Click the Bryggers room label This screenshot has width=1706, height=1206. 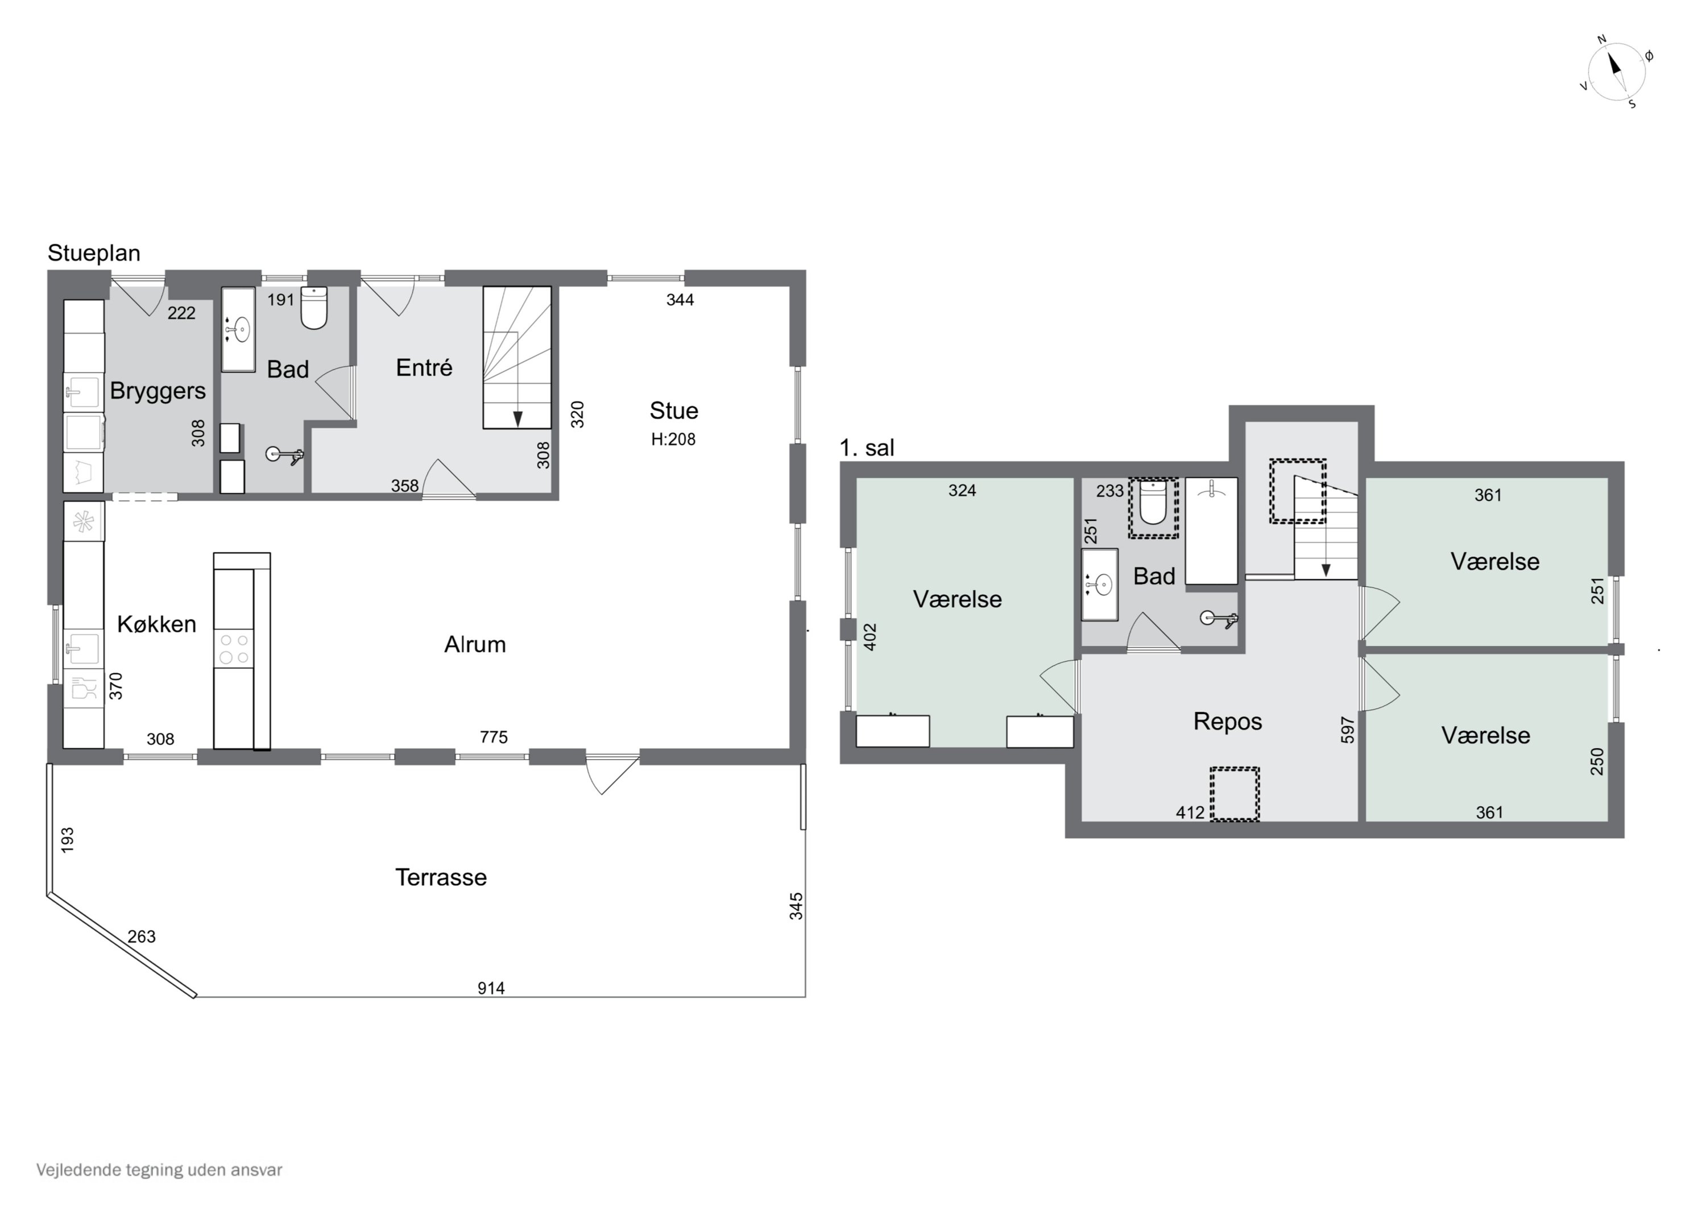(158, 391)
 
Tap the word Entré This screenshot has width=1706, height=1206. (424, 367)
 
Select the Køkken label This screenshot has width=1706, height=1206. (157, 624)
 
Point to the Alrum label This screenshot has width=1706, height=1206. (475, 644)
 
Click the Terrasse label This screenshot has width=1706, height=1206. (441, 877)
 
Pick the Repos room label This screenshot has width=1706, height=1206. (1228, 722)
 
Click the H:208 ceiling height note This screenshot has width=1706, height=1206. (673, 439)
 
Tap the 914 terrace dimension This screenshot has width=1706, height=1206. (491, 988)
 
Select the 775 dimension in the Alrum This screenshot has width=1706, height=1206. (494, 736)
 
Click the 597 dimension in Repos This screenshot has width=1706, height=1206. (1347, 730)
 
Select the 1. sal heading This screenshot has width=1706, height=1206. (867, 447)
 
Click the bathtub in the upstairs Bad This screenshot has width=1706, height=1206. (1211, 531)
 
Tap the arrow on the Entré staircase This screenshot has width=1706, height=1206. (518, 418)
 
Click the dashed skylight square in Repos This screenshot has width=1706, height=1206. (1234, 794)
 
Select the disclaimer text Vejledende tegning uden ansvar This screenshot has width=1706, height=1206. (159, 1170)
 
